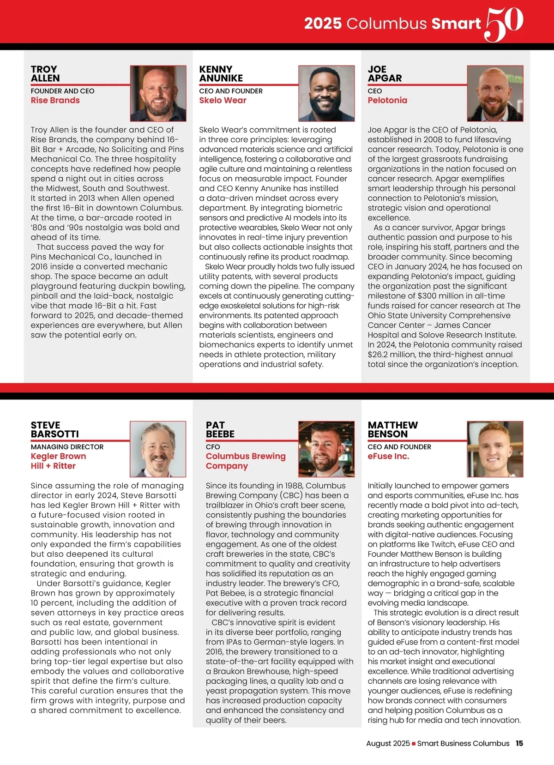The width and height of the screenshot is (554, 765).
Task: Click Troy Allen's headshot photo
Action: coord(158,93)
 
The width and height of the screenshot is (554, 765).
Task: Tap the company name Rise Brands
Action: coord(55,100)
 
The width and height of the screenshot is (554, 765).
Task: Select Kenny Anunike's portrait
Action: coord(326,93)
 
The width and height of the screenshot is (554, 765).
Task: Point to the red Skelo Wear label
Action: coord(223,100)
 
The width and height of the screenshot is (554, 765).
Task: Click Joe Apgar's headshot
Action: coord(495,93)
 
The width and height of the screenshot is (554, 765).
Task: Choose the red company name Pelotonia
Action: coord(387,100)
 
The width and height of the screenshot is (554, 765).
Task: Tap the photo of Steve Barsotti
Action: coord(158,449)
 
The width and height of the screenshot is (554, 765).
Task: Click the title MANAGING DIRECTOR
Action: coord(67,447)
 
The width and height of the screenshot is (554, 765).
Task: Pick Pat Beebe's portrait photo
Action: coord(326,449)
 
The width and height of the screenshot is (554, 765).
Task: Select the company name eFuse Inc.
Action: coord(388,456)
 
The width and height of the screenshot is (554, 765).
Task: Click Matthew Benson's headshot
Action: coord(495,449)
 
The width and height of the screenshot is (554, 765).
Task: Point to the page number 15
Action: coord(519,743)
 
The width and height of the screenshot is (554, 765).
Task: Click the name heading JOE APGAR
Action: coord(385,73)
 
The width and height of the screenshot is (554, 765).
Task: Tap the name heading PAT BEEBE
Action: coord(220,429)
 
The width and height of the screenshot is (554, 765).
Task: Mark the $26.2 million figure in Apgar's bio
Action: coord(392,355)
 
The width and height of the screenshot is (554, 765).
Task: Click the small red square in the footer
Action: coord(414,744)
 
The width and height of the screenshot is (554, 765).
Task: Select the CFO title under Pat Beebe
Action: coord(213,447)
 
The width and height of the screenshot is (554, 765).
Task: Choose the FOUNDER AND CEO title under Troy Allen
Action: coord(62,91)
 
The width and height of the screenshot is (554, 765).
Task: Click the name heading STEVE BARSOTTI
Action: coord(54,429)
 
